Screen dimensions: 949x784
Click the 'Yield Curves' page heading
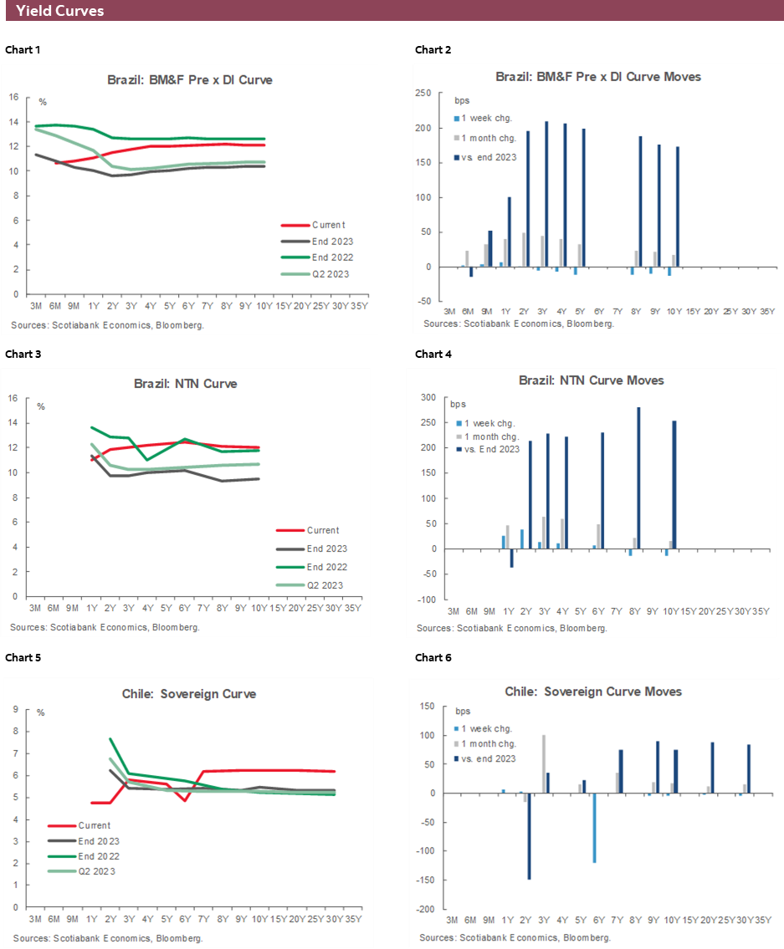pos(59,11)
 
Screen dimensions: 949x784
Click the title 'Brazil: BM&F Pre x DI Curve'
pos(189,80)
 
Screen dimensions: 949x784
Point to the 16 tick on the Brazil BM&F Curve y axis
pos(13,97)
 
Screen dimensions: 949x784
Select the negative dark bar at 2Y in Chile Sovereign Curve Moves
pos(529,836)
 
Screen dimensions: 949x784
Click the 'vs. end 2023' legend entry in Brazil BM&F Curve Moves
pos(490,156)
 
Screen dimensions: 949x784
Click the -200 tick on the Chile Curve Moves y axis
pos(426,909)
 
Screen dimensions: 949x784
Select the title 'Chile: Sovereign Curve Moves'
pos(593,691)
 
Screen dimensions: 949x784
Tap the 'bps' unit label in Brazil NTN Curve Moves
pos(458,404)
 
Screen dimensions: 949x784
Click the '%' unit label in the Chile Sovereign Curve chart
pos(41,713)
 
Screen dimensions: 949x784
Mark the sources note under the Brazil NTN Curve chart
pos(105,626)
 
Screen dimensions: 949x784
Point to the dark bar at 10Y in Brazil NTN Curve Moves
pos(674,485)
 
